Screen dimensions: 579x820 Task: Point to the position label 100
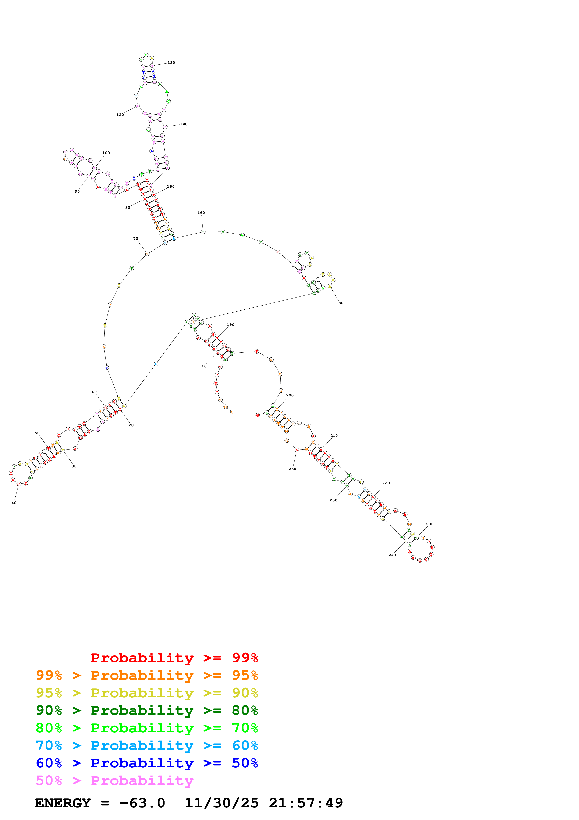pyautogui.click(x=106, y=153)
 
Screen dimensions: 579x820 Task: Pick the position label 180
pyautogui.click(x=339, y=303)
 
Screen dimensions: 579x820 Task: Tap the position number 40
pyautogui.click(x=14, y=503)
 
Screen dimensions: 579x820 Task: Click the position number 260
pyautogui.click(x=292, y=469)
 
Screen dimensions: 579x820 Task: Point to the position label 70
pyautogui.click(x=135, y=239)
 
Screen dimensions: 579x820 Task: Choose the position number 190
pyautogui.click(x=231, y=325)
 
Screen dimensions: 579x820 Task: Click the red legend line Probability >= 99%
pyautogui.click(x=174, y=658)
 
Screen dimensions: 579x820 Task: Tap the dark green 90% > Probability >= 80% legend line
pyautogui.click(x=147, y=710)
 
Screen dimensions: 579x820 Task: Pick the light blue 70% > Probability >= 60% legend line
pyautogui.click(x=147, y=745)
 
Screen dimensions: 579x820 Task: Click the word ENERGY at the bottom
pyautogui.click(x=63, y=803)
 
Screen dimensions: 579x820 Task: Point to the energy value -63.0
pyautogui.click(x=142, y=803)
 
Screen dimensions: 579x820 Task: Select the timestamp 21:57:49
pyautogui.click(x=306, y=803)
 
